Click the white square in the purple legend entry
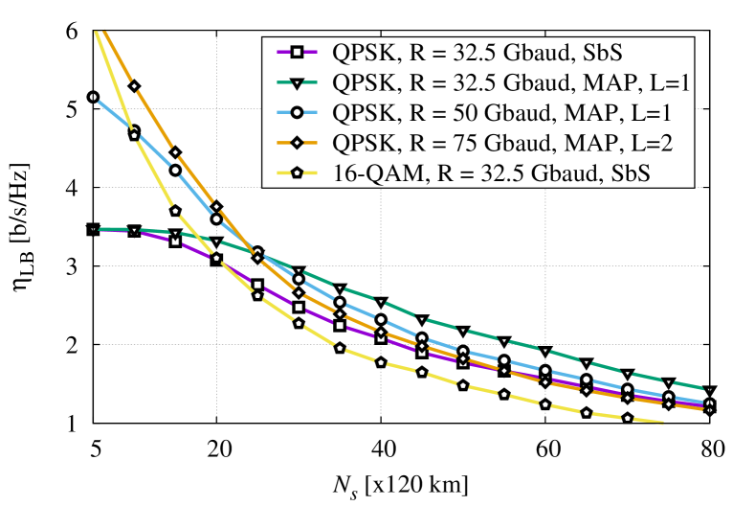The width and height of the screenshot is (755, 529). (x=297, y=52)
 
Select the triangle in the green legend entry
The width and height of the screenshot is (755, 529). (x=297, y=82)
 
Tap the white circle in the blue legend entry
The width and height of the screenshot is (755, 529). (x=297, y=112)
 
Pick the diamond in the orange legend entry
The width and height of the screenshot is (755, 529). (x=297, y=143)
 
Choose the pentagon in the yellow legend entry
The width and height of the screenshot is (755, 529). (x=297, y=173)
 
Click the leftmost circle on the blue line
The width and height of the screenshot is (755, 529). (x=93, y=97)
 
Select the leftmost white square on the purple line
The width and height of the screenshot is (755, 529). (x=175, y=241)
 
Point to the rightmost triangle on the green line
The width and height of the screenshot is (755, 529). (x=709, y=390)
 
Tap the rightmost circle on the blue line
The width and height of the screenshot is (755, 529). (x=709, y=403)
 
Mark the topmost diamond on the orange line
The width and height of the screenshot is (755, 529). (x=134, y=86)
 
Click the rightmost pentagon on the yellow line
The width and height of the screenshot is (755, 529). (x=628, y=418)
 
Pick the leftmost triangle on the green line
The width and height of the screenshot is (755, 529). (x=93, y=229)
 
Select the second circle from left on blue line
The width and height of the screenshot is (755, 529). (x=134, y=135)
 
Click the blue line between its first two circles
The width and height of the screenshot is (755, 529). (x=113, y=116)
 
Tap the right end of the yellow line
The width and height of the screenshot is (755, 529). (x=663, y=424)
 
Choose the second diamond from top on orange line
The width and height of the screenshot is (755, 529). (x=175, y=152)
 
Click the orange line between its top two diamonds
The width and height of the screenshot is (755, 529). (x=154, y=119)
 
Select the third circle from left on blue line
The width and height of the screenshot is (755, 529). (x=175, y=170)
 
